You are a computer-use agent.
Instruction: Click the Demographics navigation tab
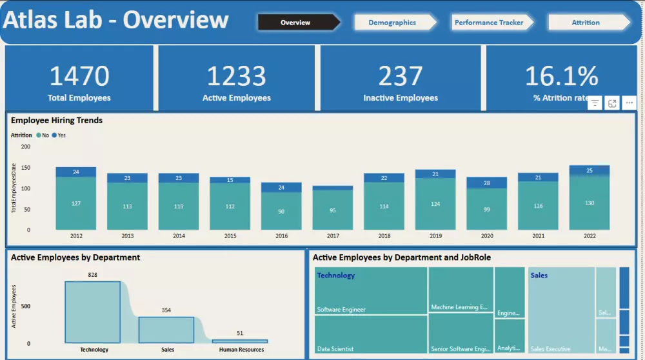[x=392, y=23]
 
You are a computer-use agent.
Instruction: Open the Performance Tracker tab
[x=489, y=23]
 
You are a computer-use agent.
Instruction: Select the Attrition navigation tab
[x=586, y=23]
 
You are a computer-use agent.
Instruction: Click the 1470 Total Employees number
[x=79, y=76]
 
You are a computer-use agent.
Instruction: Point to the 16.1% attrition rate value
[x=561, y=76]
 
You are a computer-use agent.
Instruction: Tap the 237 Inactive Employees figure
[x=401, y=76]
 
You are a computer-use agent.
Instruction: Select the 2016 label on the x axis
[x=282, y=236]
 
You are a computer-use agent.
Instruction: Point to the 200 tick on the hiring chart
[x=25, y=147]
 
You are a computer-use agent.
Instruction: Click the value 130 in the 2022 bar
[x=590, y=203]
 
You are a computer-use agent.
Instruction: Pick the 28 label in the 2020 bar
[x=487, y=183]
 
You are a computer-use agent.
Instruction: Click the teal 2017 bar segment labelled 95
[x=333, y=210]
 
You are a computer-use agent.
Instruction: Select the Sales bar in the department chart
[x=166, y=329]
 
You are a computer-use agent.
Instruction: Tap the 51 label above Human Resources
[x=240, y=334]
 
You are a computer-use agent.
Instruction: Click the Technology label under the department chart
[x=94, y=350]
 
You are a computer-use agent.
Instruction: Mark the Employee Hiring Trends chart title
[x=57, y=120]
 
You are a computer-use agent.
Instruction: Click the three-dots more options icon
[x=630, y=103]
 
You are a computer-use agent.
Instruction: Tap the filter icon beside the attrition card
[x=595, y=103]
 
